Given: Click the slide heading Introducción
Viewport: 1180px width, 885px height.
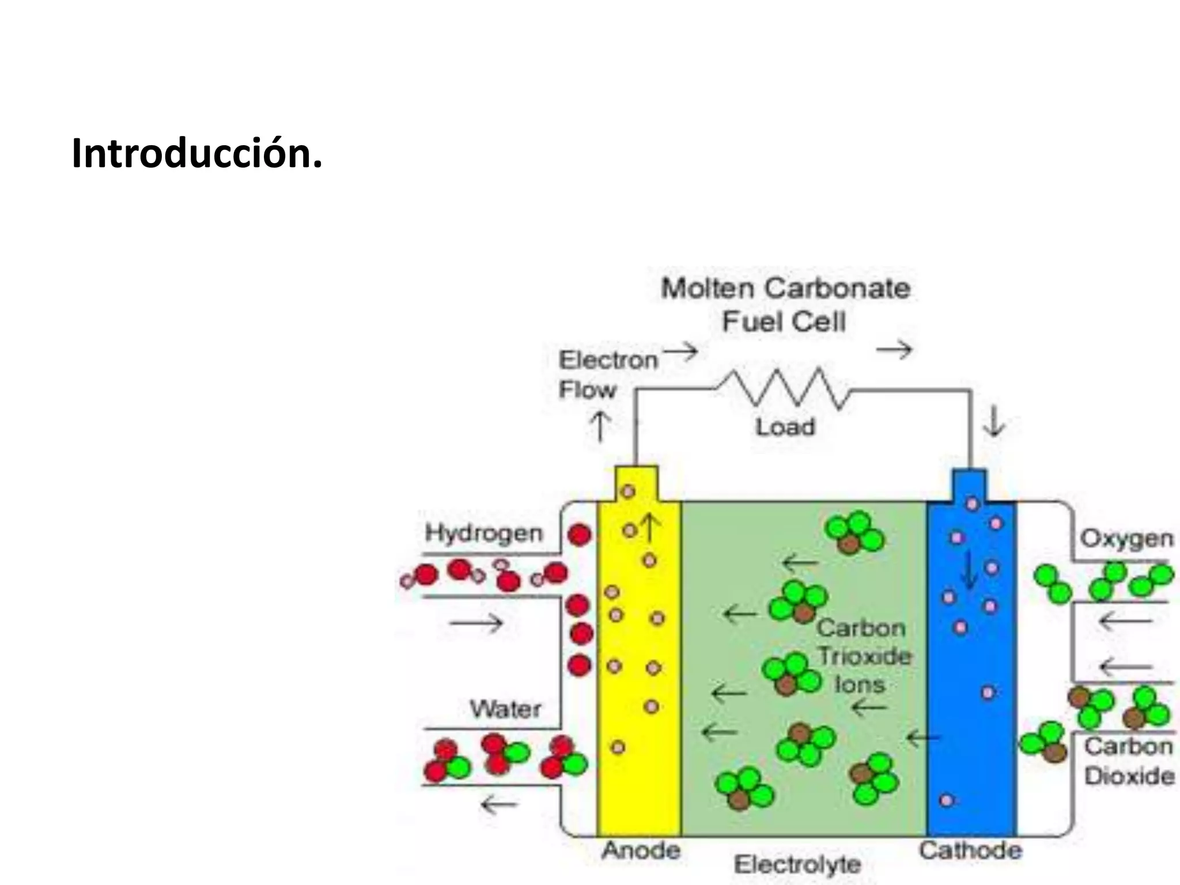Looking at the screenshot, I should tap(196, 154).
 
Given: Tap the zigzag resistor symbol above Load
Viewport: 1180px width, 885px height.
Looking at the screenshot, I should tap(784, 388).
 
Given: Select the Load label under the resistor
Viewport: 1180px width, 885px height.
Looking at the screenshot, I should tap(785, 427).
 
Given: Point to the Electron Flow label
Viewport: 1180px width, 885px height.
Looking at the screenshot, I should tap(607, 375).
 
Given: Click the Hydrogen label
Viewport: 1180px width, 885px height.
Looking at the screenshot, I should tap(483, 533).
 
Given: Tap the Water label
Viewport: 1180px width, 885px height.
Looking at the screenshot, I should tap(505, 709).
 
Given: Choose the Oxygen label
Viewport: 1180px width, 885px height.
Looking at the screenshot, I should tap(1126, 539).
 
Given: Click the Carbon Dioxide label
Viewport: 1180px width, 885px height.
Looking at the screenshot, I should tap(1129, 761).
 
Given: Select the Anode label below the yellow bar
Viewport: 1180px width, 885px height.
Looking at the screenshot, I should tap(641, 850).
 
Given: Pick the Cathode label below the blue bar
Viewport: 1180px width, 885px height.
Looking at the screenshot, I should tap(970, 850).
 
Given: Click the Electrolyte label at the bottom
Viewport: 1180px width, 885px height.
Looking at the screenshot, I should tap(797, 864).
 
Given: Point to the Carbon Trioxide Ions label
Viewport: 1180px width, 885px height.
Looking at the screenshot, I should tap(863, 656).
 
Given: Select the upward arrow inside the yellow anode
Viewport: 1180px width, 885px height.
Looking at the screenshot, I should tap(649, 528).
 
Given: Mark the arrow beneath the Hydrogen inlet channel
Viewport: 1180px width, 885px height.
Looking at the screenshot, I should tap(476, 622).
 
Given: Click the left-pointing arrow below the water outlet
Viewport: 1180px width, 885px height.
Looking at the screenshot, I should tap(499, 804).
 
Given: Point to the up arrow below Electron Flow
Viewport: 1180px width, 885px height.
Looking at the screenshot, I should tap(600, 426).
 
